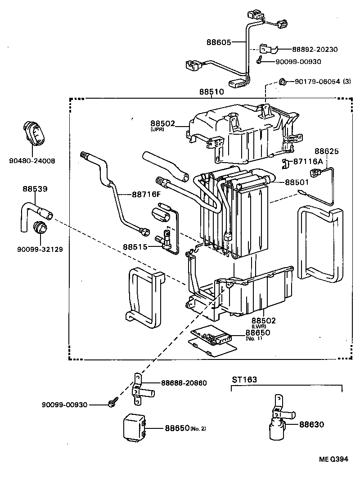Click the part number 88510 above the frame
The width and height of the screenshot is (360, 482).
click(211, 92)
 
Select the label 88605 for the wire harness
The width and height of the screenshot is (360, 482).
click(219, 43)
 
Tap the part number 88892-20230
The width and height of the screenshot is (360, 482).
click(315, 50)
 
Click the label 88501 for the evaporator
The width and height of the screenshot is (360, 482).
click(297, 182)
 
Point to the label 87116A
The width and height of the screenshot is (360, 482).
click(308, 161)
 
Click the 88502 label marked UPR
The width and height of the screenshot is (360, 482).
click(162, 123)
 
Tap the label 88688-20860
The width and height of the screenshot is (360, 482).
click(184, 383)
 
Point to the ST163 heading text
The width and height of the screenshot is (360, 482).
click(244, 379)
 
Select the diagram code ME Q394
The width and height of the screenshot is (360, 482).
click(333, 459)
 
